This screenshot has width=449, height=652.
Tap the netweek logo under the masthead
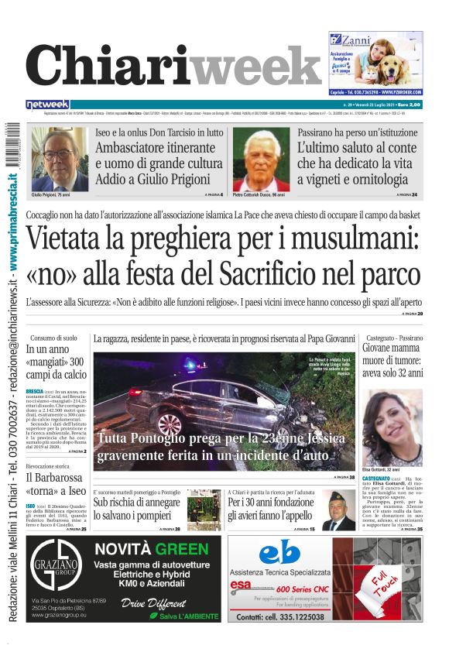(x=48, y=105)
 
